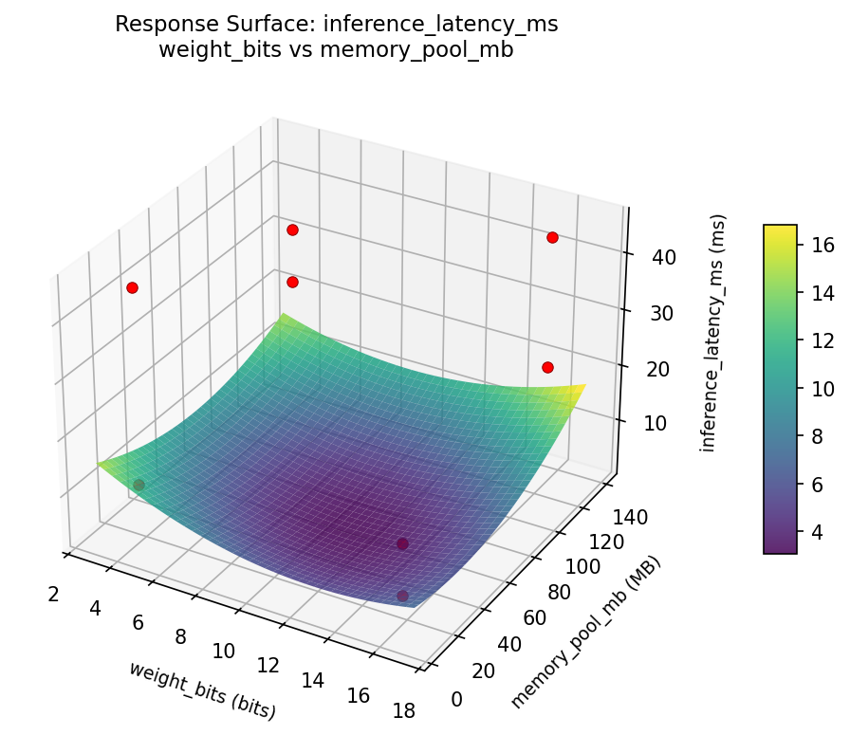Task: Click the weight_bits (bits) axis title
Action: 202,690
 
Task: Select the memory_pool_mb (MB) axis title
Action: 585,633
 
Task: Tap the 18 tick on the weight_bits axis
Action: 404,710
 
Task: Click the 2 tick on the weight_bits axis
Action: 54,595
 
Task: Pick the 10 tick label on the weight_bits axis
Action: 223,651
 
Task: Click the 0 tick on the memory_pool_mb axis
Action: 458,699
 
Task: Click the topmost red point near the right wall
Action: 552,237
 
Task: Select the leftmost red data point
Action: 132,287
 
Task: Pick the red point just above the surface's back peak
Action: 292,282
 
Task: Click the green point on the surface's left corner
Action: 139,485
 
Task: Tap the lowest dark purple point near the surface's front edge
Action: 402,596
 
